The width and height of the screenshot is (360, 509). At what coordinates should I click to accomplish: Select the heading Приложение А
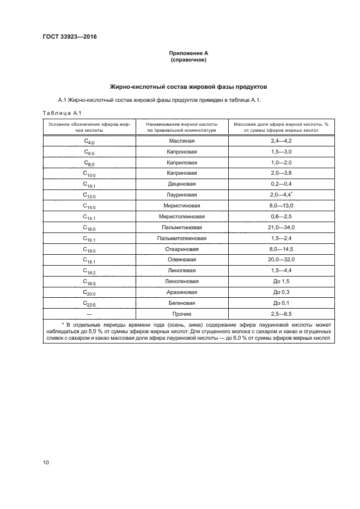(188, 53)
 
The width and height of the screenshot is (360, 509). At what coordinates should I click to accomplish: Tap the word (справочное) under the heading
(188, 60)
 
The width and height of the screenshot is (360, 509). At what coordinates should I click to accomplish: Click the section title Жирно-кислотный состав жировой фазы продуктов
(188, 87)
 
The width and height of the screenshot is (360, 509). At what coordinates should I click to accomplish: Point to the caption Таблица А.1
(62, 113)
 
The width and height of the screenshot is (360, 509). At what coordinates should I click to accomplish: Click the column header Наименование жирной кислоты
(182, 125)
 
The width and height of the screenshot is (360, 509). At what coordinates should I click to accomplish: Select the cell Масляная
(182, 140)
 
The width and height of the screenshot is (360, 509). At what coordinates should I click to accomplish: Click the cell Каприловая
(182, 162)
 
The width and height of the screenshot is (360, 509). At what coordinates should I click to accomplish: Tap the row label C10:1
(89, 185)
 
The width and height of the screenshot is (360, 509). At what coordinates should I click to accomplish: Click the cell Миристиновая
(182, 206)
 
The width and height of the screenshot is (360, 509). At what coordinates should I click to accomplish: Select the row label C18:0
(89, 250)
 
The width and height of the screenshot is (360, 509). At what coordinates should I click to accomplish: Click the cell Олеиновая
(182, 260)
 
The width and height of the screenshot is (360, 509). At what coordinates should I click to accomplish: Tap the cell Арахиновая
(182, 292)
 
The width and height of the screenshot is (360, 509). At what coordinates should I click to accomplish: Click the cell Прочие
(182, 314)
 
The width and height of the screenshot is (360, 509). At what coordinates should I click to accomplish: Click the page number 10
(46, 463)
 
